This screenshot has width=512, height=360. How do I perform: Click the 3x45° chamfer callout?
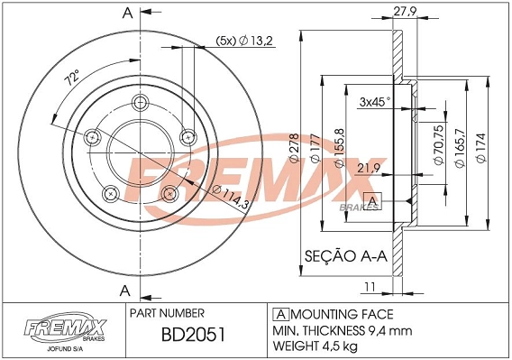[374, 101]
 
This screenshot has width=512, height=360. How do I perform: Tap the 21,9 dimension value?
[368, 169]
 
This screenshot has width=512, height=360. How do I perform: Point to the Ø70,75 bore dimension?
[437, 143]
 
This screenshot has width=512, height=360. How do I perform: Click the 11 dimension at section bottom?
[369, 287]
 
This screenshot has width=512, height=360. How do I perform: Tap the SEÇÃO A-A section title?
[346, 256]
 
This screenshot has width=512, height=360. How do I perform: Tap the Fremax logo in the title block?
[60, 328]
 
